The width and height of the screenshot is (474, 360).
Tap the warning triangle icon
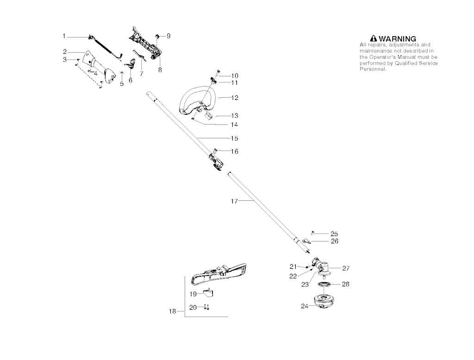tap(374, 39)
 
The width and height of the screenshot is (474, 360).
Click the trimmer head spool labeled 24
tap(320, 302)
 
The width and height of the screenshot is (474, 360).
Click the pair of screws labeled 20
tap(207, 307)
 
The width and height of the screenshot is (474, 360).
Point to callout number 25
tap(334, 234)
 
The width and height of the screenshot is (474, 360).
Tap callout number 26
tap(334, 241)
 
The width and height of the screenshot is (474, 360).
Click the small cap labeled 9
tap(157, 35)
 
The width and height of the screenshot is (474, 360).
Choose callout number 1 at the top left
tap(65, 36)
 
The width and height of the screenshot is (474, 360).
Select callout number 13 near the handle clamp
tap(235, 116)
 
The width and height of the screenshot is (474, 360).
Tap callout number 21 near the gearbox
tap(293, 266)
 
